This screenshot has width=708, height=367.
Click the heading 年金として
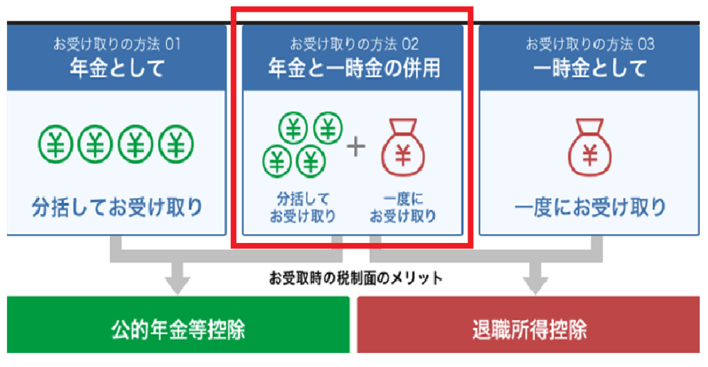pos(117,68)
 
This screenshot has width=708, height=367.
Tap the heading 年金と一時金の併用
pos(354,68)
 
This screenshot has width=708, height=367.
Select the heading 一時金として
pos(590,68)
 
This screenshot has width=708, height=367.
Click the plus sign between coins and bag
pos(355,147)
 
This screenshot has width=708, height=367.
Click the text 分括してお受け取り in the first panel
pos(117,206)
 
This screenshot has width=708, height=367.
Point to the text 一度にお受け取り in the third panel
pos(590,206)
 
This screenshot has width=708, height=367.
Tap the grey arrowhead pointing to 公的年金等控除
pos(178,283)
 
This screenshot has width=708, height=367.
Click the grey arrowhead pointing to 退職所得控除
pos(530,283)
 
